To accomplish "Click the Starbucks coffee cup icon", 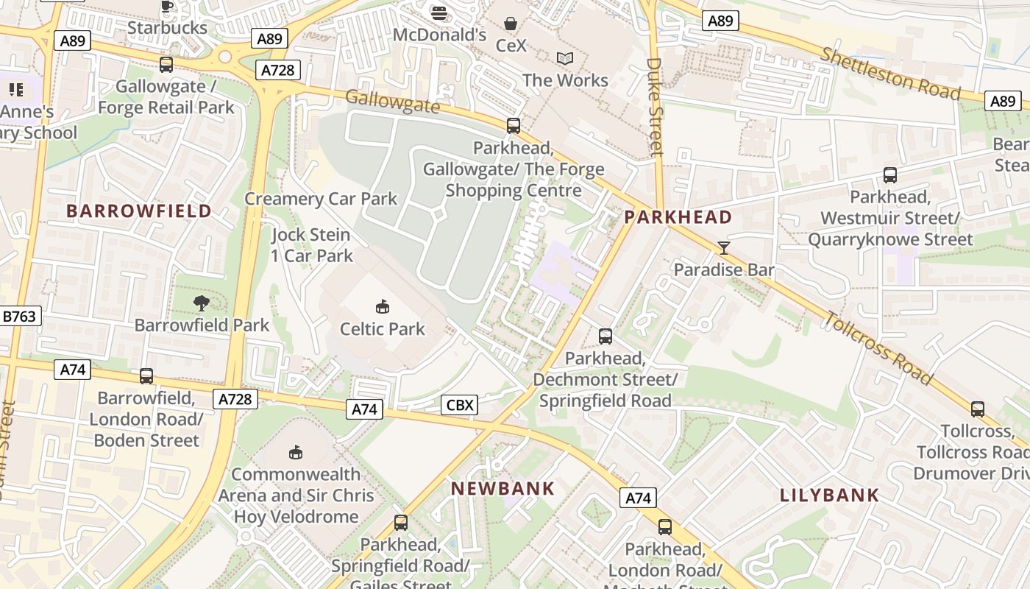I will (166, 6).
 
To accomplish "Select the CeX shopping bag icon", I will (511, 24).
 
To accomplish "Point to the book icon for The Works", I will (565, 58).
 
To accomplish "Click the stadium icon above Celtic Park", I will (382, 306).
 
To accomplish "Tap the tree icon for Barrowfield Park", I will (201, 303).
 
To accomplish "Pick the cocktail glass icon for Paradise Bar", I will (724, 248).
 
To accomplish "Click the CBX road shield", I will (461, 404).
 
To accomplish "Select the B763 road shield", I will (19, 317).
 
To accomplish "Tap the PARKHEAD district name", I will (678, 217).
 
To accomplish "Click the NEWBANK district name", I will (502, 488).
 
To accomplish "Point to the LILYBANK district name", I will (829, 495).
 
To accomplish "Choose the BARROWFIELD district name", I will (139, 211).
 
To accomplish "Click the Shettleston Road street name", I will (890, 74).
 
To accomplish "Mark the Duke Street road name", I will (654, 107).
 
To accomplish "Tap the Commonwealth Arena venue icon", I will (296, 452).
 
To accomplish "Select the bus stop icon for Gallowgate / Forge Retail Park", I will (166, 65).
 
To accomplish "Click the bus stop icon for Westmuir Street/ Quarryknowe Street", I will (889, 175).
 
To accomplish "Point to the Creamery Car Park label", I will (321, 199).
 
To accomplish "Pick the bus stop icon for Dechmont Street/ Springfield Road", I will (605, 336).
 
